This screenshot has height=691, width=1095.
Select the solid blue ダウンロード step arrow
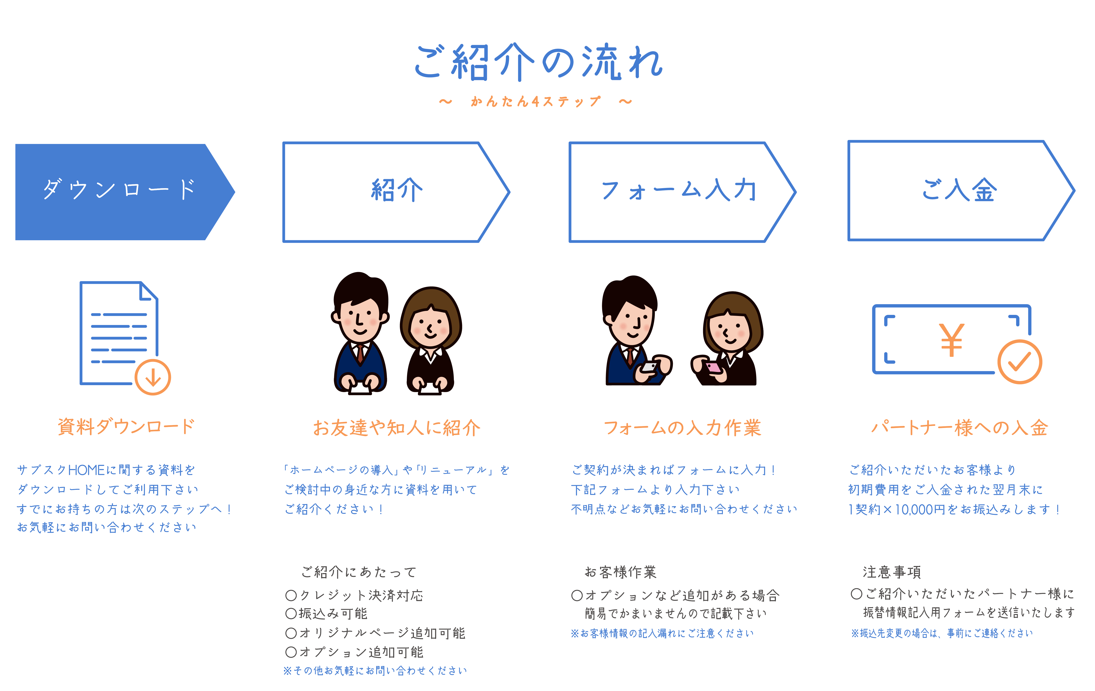125,192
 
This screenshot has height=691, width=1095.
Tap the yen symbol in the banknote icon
951,340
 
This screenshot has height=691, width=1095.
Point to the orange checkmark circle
1020,362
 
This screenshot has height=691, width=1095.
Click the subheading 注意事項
892,572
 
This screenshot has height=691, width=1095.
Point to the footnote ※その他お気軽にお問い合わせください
375,670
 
